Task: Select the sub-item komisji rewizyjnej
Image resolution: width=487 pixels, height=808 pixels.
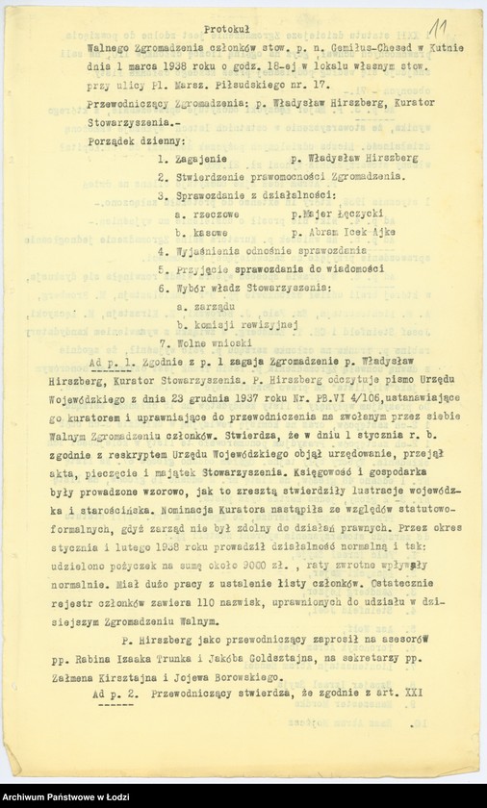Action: point(241,325)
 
